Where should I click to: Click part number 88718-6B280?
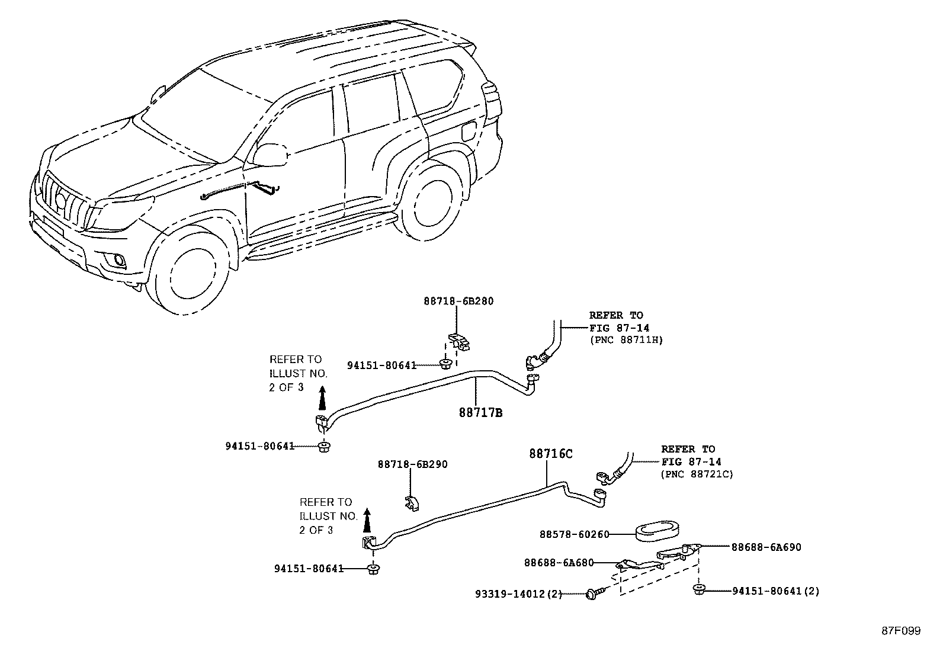click(x=458, y=301)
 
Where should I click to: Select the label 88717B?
click(x=480, y=413)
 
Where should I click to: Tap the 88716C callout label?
click(x=551, y=454)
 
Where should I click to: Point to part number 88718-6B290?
click(x=413, y=464)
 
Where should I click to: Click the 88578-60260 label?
click(x=574, y=534)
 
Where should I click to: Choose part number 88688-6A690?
click(x=766, y=547)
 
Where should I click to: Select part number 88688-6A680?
click(x=559, y=563)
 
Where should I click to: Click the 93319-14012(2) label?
click(x=518, y=594)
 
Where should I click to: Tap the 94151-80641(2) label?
click(x=776, y=591)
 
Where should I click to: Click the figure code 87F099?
click(x=900, y=631)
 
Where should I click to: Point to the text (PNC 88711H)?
click(x=626, y=340)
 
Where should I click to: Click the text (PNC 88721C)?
click(x=697, y=474)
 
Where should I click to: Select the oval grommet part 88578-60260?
click(x=657, y=530)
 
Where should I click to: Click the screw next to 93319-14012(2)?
click(x=594, y=593)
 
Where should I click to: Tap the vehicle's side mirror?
click(x=270, y=155)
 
